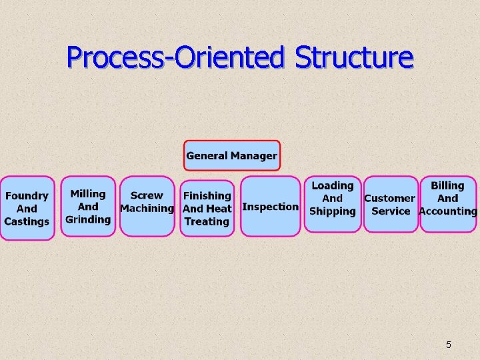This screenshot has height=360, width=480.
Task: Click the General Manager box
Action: coord(231,155)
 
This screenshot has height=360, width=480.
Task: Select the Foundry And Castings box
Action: coord(27,208)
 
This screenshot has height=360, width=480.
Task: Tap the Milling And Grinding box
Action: coord(88,206)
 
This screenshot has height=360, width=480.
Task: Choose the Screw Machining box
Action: coord(147,206)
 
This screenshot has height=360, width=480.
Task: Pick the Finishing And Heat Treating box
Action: coord(207,208)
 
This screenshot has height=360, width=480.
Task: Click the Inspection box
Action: coord(270,206)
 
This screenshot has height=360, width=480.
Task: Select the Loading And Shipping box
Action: coord(333,203)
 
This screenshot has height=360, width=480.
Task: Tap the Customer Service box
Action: coord(391,204)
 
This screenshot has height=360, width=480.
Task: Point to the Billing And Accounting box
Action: coord(448,203)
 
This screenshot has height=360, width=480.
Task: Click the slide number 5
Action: coord(448,345)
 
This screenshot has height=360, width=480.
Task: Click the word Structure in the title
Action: coord(353,57)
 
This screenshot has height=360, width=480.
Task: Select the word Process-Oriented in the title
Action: coord(175,57)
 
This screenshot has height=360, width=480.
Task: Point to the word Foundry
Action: coord(27,196)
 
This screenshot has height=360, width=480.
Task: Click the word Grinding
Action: coord(88,219)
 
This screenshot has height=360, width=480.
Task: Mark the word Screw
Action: coord(147,195)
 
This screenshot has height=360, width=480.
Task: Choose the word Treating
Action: coord(207,221)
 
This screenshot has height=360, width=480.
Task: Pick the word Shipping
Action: coord(333,211)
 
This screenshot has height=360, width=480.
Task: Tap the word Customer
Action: coord(389,198)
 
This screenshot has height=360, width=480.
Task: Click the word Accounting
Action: coord(448,211)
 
